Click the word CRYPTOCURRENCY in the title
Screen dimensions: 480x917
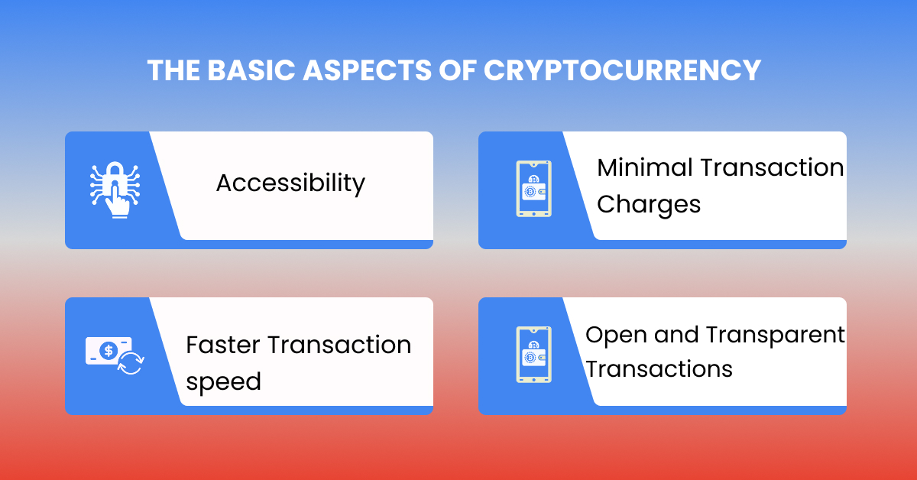(x=623, y=70)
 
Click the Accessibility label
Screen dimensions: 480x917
(x=290, y=183)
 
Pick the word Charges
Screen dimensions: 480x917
(x=648, y=204)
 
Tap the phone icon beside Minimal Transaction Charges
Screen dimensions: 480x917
(x=533, y=189)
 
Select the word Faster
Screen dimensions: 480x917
(x=221, y=345)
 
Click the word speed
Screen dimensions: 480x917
(x=223, y=381)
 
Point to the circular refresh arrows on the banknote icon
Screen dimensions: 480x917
(x=131, y=363)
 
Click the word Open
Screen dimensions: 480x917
(x=614, y=335)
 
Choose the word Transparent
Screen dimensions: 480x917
(x=775, y=335)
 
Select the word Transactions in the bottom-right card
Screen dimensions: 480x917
(x=659, y=369)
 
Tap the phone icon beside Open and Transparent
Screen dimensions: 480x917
(x=533, y=355)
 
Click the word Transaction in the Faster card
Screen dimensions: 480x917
(x=339, y=345)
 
